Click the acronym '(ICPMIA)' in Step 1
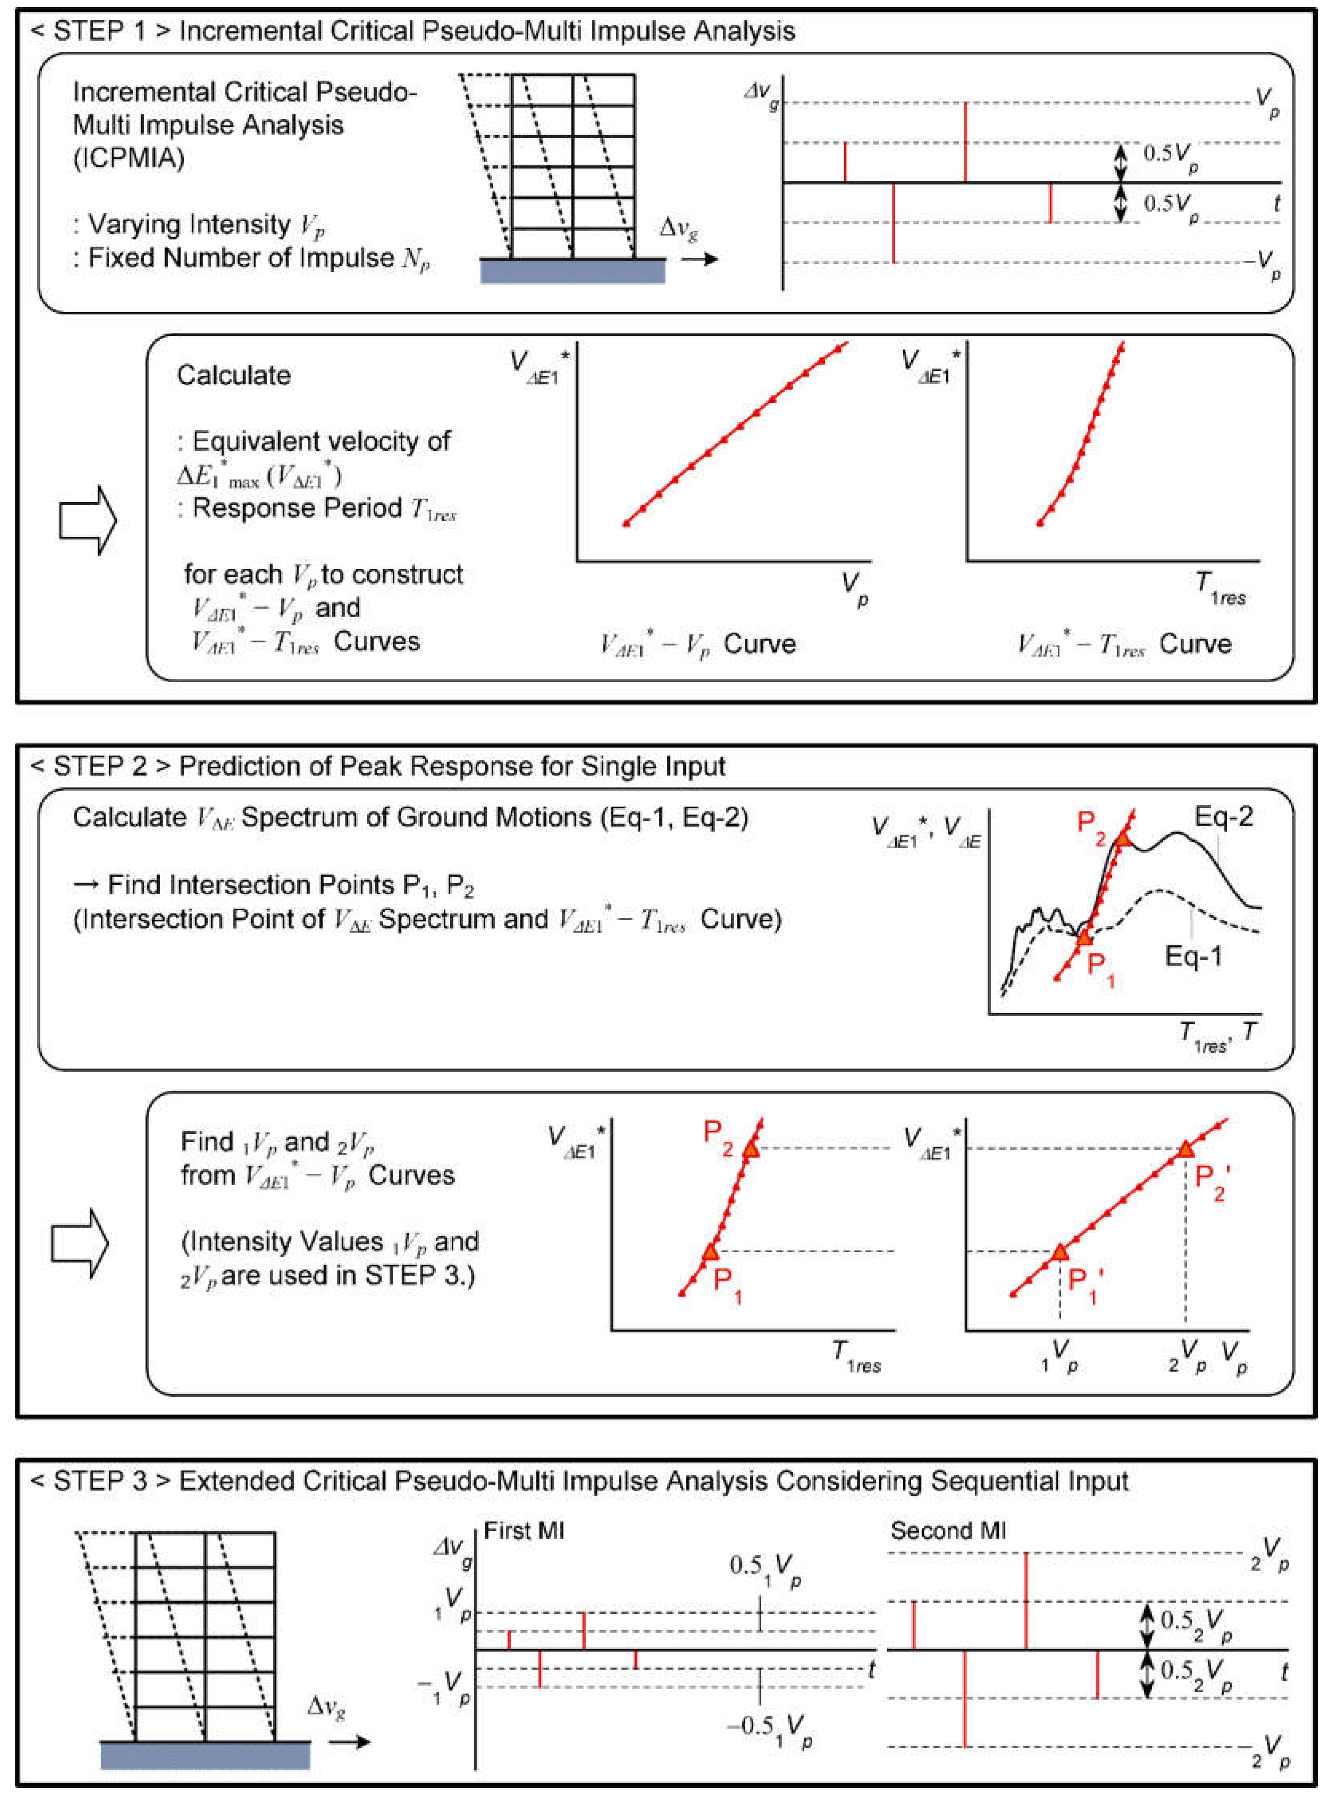(129, 158)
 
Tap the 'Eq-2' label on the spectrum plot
(1223, 817)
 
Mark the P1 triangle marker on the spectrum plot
(1084, 937)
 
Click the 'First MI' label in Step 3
(524, 1531)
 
